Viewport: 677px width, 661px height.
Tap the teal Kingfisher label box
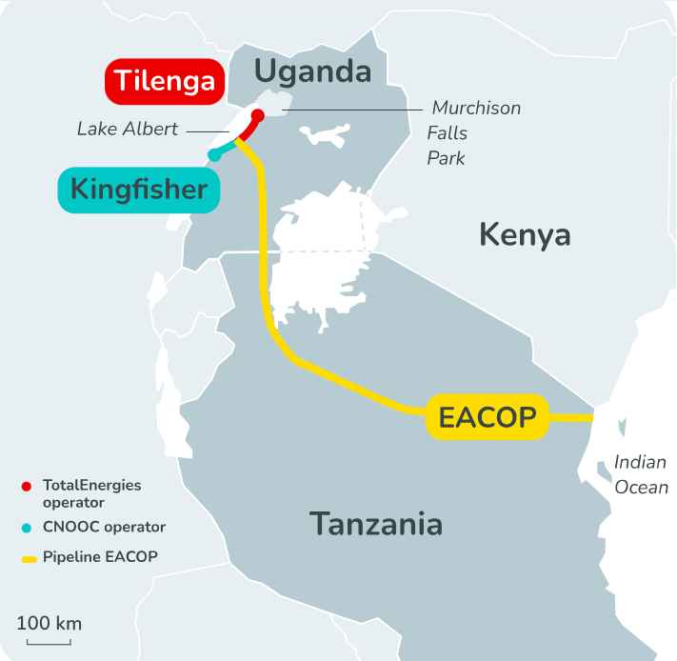tap(139, 190)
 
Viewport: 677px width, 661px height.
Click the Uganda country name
tap(312, 70)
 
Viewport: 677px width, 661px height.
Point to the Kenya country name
tap(525, 233)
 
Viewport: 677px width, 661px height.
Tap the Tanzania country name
tap(376, 523)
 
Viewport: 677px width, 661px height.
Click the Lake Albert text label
tap(128, 129)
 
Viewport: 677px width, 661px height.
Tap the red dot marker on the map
tap(257, 115)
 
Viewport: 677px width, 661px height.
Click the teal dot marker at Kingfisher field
tap(213, 154)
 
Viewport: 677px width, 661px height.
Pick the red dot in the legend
tap(27, 486)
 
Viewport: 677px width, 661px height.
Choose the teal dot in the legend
tap(27, 527)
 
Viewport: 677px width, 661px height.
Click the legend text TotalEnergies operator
tap(91, 492)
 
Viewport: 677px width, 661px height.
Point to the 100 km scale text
tap(50, 624)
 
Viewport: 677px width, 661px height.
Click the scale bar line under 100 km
tap(49, 642)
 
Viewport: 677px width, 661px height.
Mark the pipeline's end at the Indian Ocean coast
tap(592, 416)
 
